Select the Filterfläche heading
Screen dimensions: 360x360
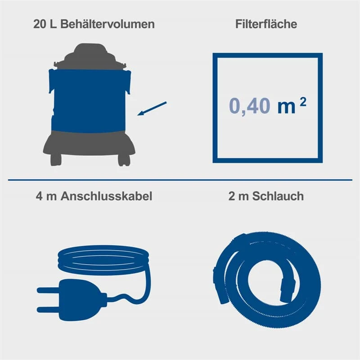click(266, 24)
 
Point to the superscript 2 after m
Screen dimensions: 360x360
click(303, 101)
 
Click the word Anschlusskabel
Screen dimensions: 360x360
click(107, 197)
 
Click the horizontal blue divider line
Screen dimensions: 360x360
click(180, 180)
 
